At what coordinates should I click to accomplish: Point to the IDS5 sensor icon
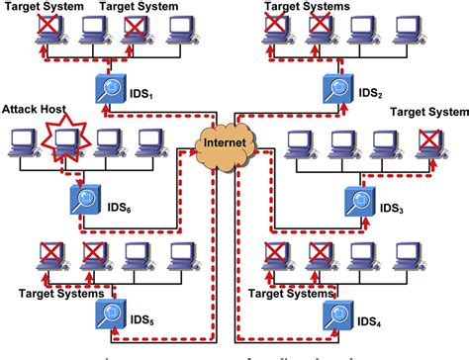coord(110,315)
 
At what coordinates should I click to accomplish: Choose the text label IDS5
coord(143,321)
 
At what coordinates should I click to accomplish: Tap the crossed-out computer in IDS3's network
coord(427,144)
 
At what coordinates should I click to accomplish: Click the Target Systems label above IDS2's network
coord(307,6)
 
